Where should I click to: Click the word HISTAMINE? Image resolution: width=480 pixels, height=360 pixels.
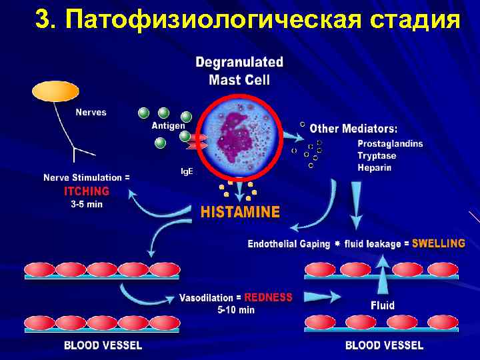point(240,213)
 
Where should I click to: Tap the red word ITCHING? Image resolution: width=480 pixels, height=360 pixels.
point(87,191)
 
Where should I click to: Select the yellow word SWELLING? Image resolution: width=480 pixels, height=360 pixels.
point(438,243)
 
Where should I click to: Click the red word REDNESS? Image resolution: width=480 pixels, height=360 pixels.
point(268,297)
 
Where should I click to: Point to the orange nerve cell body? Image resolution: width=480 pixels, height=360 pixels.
point(55,91)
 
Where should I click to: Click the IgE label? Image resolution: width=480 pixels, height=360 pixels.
point(187,171)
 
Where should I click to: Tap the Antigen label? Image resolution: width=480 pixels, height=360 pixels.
point(168,125)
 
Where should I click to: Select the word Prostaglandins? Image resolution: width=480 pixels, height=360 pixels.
point(390,143)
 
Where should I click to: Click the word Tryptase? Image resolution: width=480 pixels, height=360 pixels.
point(377,155)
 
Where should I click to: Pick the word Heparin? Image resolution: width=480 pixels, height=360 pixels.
point(374,167)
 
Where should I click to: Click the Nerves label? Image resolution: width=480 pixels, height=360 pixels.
point(91,112)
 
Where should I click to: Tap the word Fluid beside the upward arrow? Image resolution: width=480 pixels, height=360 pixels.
point(383,305)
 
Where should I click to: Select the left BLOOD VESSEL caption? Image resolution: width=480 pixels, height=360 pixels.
point(103,345)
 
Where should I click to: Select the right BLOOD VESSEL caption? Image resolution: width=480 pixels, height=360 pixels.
point(384,345)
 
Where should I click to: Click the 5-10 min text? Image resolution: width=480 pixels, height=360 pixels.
point(236,309)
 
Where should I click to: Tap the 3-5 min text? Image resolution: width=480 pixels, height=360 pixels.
point(87,204)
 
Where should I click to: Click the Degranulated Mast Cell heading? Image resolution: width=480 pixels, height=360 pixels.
point(239,70)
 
